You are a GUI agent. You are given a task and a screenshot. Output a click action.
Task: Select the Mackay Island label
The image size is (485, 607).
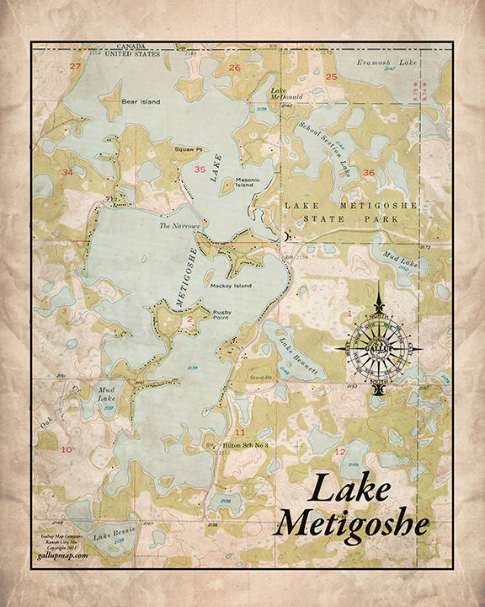coord(232,286)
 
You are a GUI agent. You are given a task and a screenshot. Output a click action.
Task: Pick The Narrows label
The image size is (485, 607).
coord(179,226)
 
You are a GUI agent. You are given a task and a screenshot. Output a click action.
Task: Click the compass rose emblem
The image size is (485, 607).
coord(380,346)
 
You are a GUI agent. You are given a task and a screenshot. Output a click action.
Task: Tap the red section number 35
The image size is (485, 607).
coord(200,169)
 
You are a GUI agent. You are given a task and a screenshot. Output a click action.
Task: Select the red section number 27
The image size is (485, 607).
coord(75,67)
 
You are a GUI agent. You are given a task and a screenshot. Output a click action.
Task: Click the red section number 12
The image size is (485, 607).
coord(340,453)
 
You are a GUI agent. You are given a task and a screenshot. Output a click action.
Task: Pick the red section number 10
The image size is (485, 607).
coord(66,449)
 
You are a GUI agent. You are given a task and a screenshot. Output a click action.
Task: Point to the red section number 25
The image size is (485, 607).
coord(331,78)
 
